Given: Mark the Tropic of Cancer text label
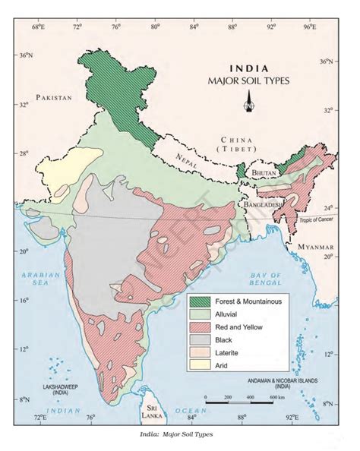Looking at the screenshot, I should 317,220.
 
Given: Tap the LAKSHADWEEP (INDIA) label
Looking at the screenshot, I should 65,389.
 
